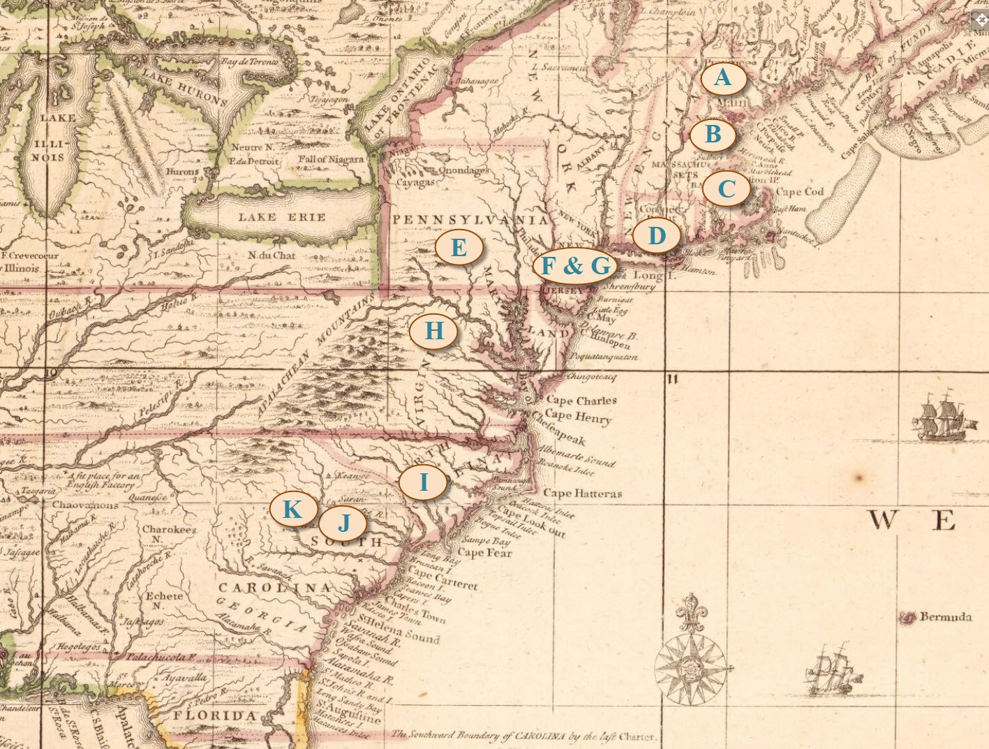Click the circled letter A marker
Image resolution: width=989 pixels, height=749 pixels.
723,77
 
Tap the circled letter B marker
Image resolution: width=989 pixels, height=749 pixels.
713,134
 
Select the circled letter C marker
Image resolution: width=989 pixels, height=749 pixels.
727,188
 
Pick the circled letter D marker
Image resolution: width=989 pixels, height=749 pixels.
657,236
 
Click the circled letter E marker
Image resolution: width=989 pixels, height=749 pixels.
459,247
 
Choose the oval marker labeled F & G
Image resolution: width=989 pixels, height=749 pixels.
576,265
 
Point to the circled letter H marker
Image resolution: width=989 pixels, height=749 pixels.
433,330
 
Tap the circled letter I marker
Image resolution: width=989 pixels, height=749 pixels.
423,482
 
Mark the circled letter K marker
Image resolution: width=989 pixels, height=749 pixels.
292,509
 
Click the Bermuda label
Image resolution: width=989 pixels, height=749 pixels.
945,616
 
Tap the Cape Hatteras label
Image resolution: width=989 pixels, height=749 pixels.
582,493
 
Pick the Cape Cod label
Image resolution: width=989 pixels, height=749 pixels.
799,191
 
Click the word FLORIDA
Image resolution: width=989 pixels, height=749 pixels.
215,715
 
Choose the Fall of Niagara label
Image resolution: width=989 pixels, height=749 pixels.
331,159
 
